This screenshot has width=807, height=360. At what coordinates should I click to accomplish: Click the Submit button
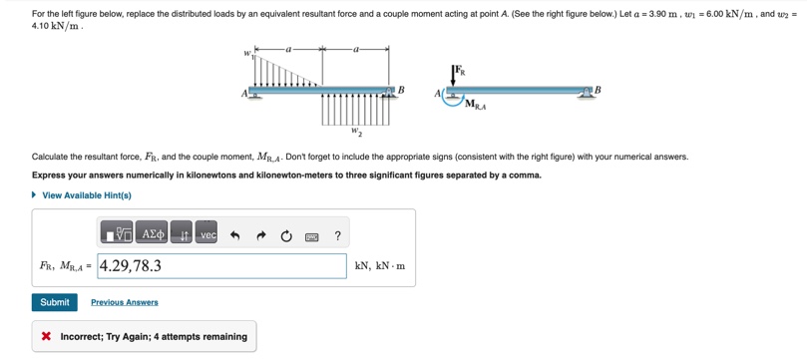tap(55, 302)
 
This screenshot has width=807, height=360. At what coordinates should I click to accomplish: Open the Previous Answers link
tap(125, 302)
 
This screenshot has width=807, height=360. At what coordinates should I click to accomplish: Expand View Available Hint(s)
tap(82, 195)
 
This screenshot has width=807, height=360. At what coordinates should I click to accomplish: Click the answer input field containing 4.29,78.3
tap(221, 266)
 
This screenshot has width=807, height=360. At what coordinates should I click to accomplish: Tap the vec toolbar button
tap(206, 234)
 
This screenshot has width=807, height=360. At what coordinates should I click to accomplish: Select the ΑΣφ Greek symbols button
tap(154, 234)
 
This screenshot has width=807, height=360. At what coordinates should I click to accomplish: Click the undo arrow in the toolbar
tap(235, 236)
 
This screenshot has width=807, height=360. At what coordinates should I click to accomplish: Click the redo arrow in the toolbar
tap(261, 236)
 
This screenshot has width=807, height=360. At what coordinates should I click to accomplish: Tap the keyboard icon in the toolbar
tap(312, 236)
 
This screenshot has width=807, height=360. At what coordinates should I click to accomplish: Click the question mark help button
tap(337, 236)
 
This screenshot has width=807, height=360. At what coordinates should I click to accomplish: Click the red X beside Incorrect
tap(46, 337)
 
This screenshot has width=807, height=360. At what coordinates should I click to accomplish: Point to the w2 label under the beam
tap(356, 132)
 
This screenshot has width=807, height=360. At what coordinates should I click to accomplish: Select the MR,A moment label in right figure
tap(476, 106)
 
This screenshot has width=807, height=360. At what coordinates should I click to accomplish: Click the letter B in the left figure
tap(402, 90)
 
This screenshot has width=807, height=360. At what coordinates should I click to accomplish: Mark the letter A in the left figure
tap(244, 94)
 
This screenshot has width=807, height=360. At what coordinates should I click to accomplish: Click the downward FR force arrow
tap(453, 76)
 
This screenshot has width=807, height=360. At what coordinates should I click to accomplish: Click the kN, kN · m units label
tap(380, 266)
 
